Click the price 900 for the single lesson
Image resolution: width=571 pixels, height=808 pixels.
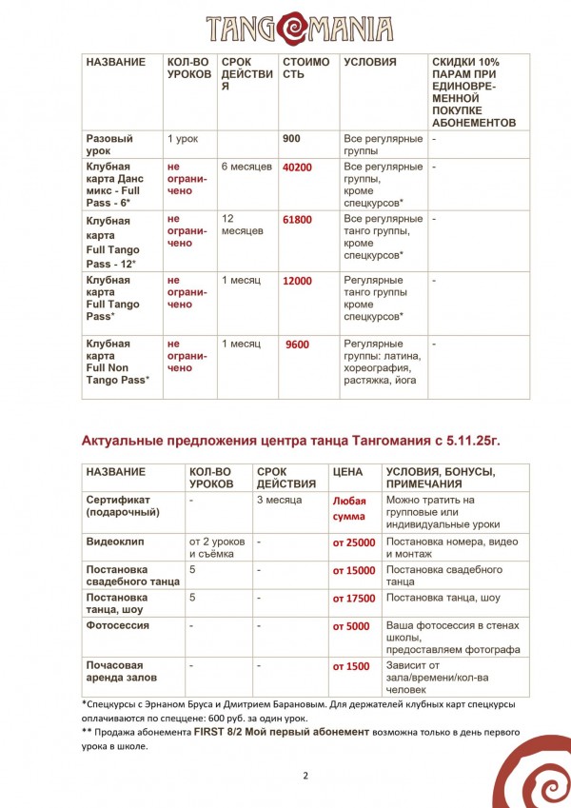pyautogui.click(x=292, y=139)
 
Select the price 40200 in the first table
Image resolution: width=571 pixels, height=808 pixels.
pyautogui.click(x=297, y=168)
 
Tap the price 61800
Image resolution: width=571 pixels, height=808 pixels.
pyautogui.click(x=297, y=220)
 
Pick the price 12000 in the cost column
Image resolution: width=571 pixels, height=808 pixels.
pyautogui.click(x=297, y=281)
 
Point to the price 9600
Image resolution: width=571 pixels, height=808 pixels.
pyautogui.click(x=298, y=344)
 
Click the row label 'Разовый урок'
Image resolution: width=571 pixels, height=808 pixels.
pyautogui.click(x=109, y=146)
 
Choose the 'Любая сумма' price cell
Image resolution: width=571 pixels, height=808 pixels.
pyautogui.click(x=349, y=507)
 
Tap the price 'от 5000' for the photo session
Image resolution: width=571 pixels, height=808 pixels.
pyautogui.click(x=351, y=626)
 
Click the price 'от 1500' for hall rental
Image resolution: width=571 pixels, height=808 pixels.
pyautogui.click(x=351, y=666)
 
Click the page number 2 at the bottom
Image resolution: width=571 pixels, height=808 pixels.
pyautogui.click(x=305, y=776)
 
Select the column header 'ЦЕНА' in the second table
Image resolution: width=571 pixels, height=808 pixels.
pyautogui.click(x=347, y=472)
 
